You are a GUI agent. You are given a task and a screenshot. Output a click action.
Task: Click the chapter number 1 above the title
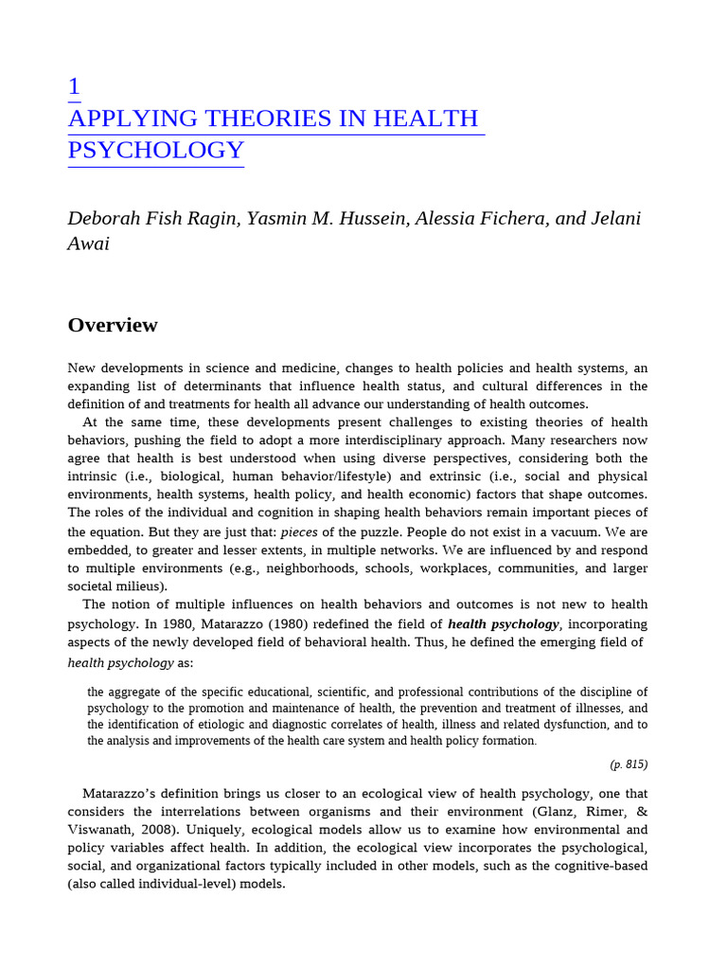point(74,87)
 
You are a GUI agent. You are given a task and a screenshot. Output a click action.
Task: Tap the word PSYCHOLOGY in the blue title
point(156,151)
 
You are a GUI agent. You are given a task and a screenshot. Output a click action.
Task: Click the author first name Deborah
point(104,219)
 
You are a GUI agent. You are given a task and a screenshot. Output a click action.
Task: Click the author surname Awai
point(88,243)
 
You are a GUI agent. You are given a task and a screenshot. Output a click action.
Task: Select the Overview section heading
point(113,326)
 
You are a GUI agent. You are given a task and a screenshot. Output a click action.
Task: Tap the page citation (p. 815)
point(629,764)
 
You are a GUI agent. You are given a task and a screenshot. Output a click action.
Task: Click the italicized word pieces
point(299,532)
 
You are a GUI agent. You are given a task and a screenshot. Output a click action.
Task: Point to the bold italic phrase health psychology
point(504,624)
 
